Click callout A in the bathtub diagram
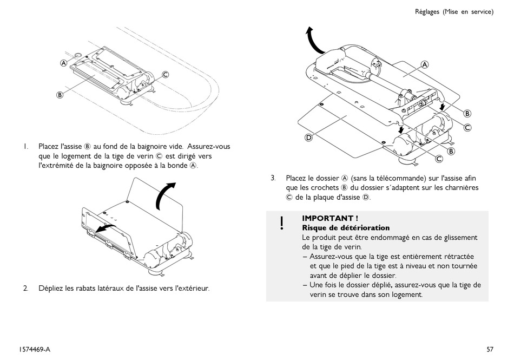pos(63,63)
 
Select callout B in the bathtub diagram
pos(60,94)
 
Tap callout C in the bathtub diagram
pos(166,75)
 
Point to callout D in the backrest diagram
pos(308,138)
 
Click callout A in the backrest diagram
pos(425,64)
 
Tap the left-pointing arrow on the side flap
pos(104,228)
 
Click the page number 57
pos(490,349)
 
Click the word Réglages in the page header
pos(427,12)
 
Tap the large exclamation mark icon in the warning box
pos(282,222)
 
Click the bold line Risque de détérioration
pos(346,228)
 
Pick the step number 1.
pos(25,146)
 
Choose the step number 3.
pos(273,178)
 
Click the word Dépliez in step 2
pos(51,288)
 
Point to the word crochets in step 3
pos(326,187)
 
